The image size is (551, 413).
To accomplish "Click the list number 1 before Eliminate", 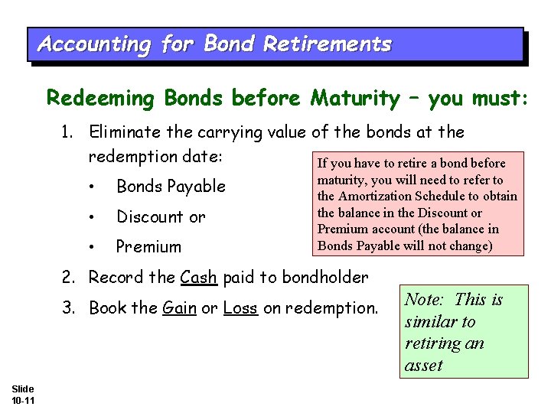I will [67, 132].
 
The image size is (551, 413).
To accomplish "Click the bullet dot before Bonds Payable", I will [91, 187].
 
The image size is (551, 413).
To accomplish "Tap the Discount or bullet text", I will [161, 217].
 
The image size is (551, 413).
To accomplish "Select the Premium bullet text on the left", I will [148, 247].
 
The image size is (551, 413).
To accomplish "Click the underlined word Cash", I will [199, 278].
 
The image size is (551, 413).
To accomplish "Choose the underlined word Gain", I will [180, 308].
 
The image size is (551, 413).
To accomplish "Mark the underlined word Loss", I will [240, 308].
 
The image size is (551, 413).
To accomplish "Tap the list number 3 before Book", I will [67, 308].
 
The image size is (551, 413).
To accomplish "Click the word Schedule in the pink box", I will [445, 197].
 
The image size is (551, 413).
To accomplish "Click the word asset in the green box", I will [423, 366].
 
